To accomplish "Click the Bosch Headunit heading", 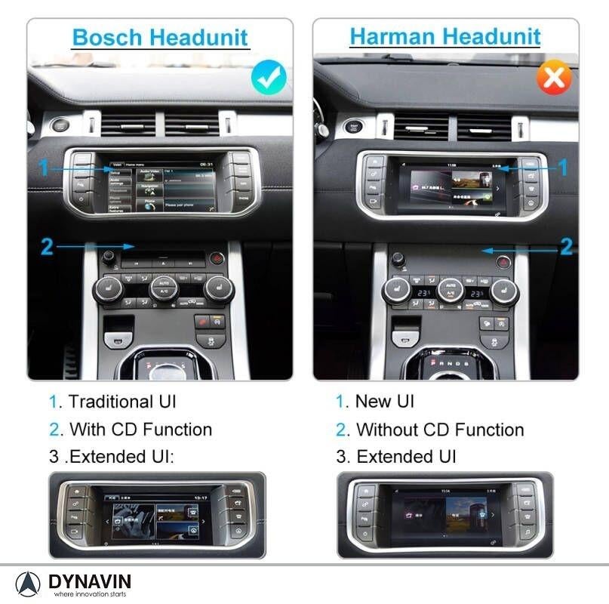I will point(159,37).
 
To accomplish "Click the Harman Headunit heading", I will point(445,36).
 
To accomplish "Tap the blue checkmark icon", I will point(269,76).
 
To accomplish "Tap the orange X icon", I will point(553,77).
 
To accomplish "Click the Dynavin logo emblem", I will point(28,584).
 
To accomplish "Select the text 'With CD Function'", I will point(140,430).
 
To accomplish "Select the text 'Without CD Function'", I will point(440,430).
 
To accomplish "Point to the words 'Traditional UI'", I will point(122,402).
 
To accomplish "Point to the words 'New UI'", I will point(385,402).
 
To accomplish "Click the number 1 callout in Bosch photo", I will point(45,168).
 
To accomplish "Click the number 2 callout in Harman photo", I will point(565,246).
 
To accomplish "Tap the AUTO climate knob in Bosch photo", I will point(164,286).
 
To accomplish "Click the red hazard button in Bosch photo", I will point(217,258).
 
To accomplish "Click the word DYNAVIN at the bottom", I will point(90,581).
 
